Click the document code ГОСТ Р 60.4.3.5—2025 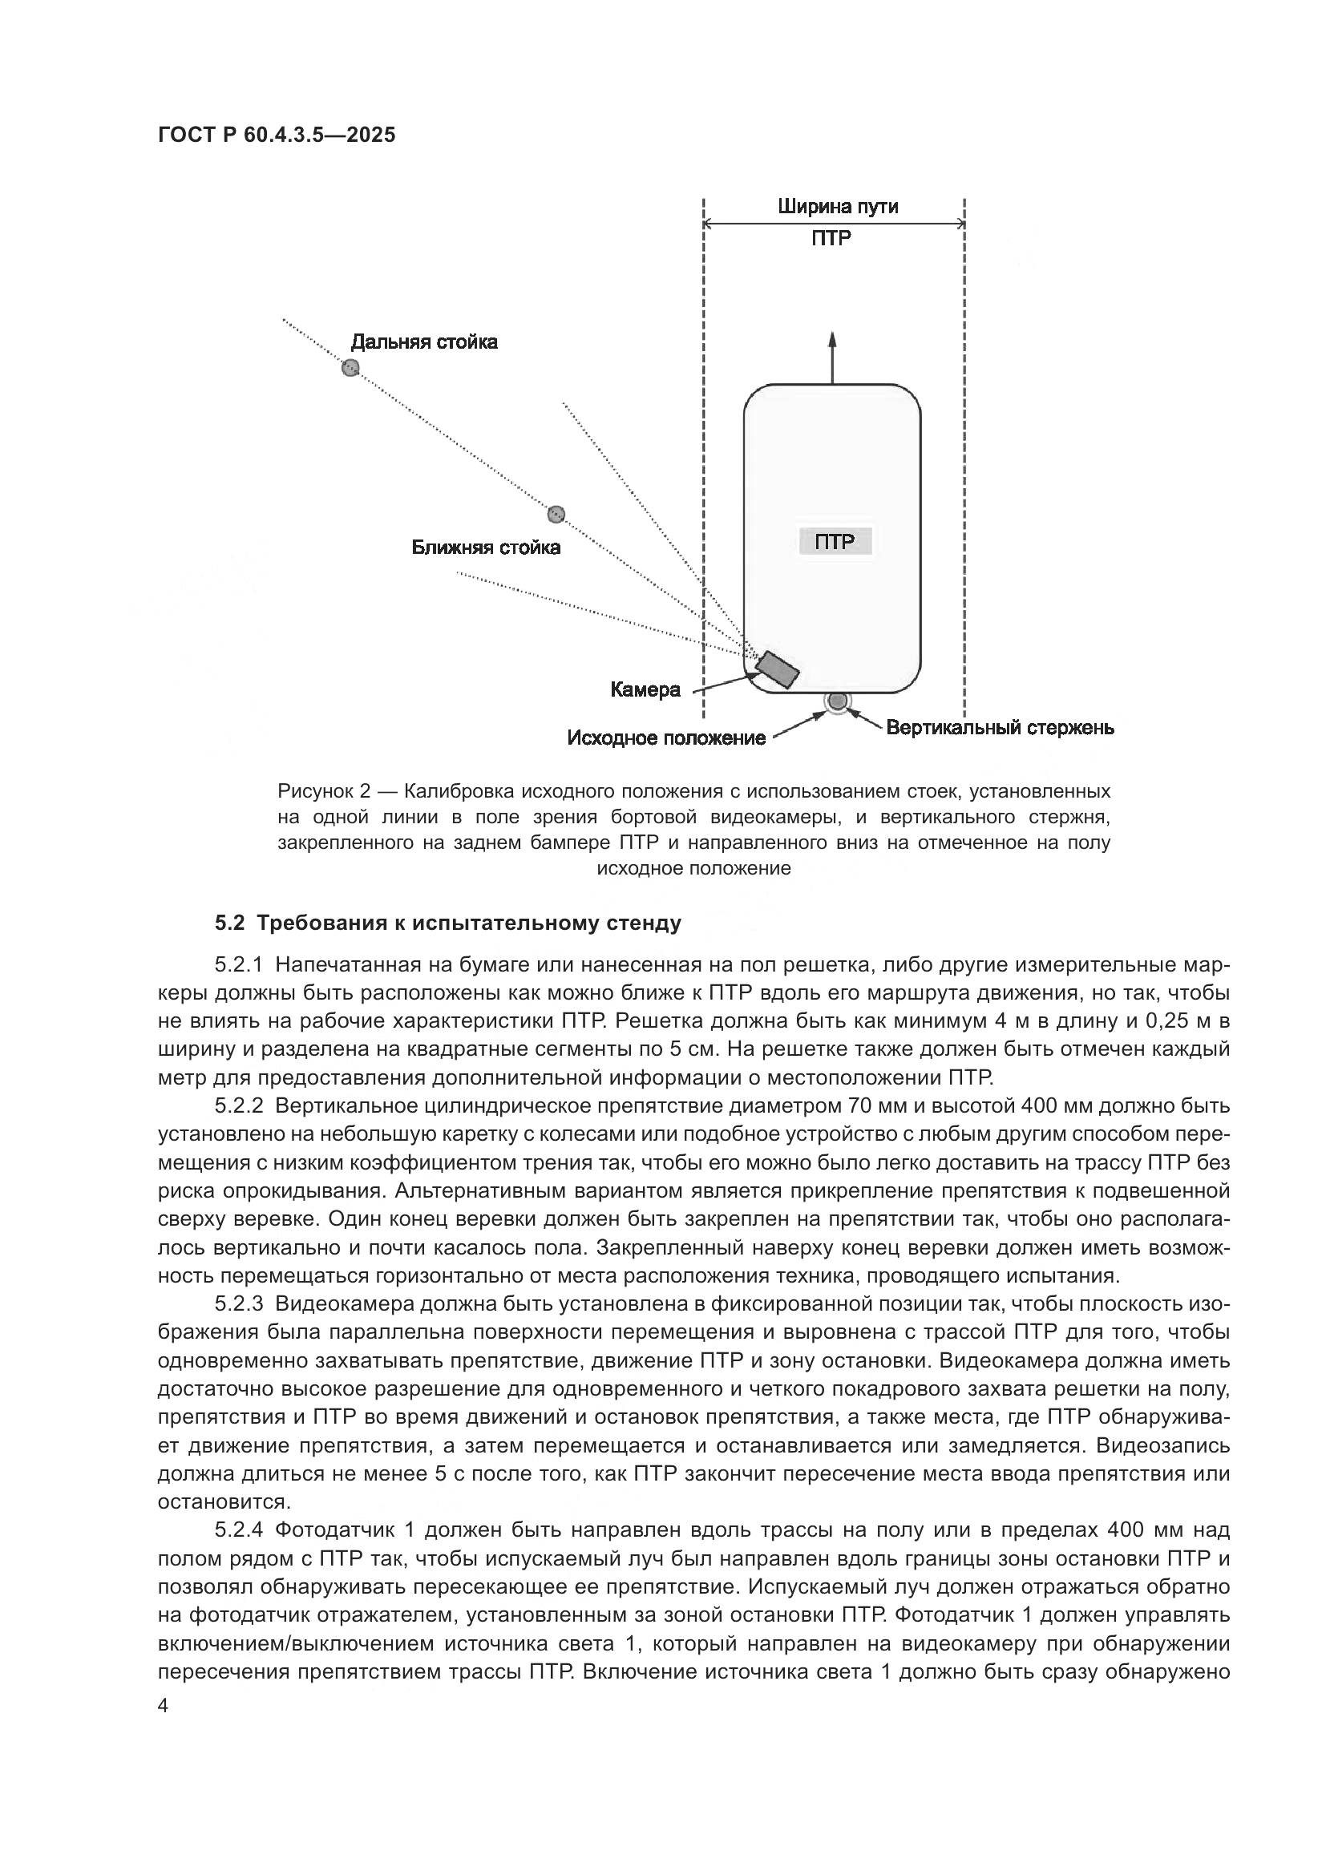(276, 135)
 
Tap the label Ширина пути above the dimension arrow (837, 207)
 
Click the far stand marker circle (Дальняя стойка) (350, 367)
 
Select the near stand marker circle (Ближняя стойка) (556, 515)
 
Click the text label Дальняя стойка (424, 342)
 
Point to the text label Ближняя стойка (486, 548)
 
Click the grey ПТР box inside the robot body (835, 541)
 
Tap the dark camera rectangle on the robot (777, 669)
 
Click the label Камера (645, 690)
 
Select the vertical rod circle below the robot (838, 701)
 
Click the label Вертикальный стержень (1001, 727)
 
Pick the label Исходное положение (666, 738)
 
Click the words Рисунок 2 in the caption (324, 791)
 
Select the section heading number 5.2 (229, 923)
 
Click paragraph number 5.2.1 (238, 965)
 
